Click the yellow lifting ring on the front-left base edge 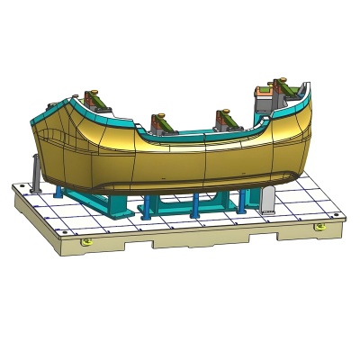click(85, 241)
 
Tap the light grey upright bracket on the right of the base click(267, 200)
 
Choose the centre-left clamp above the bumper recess click(160, 121)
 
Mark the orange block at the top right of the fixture click(263, 90)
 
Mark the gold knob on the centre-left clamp click(160, 115)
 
